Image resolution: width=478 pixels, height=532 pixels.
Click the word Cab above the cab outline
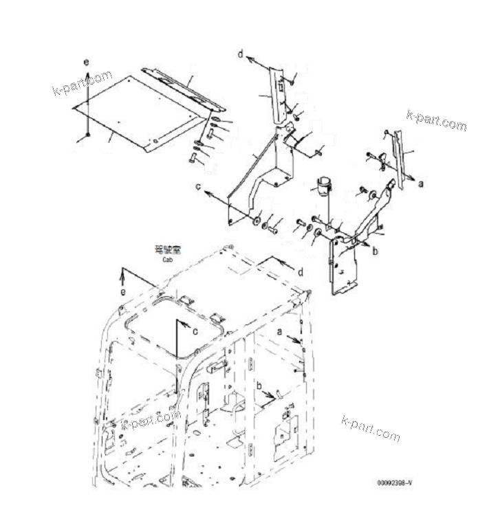click(167, 261)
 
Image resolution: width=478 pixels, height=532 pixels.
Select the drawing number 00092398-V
click(394, 483)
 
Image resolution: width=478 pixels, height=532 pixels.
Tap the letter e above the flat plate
click(86, 63)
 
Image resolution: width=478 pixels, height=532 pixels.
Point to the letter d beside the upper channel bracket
click(241, 53)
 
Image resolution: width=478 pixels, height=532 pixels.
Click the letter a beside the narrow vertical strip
click(421, 184)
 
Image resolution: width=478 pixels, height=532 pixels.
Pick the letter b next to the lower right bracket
click(375, 252)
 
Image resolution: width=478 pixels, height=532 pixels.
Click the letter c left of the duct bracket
click(197, 186)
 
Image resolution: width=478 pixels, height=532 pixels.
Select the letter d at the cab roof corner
click(300, 271)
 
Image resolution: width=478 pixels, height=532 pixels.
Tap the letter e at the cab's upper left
click(123, 291)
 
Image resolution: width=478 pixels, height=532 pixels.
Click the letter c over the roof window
click(195, 331)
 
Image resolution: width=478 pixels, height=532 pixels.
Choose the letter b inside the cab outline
click(259, 386)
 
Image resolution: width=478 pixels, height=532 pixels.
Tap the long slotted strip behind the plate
click(183, 89)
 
